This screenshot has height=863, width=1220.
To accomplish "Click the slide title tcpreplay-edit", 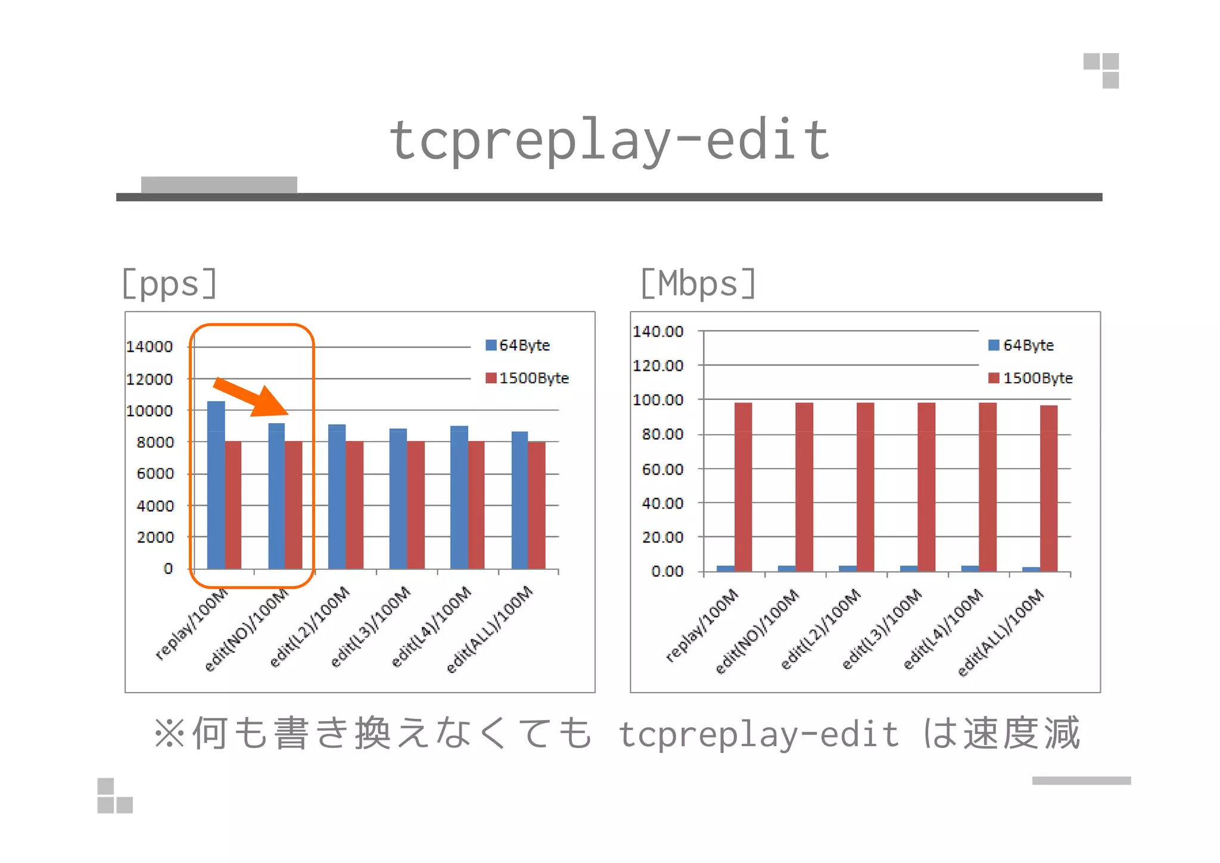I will pos(609,141).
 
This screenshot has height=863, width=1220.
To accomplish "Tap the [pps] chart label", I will pos(169,284).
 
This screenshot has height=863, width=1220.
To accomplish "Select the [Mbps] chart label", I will pos(698,284).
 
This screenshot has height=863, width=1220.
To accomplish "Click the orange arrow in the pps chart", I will pos(250,396).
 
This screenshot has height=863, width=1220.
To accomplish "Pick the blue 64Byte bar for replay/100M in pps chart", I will pos(216,486).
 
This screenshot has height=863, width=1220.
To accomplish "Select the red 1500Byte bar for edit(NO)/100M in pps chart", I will pos(294,505).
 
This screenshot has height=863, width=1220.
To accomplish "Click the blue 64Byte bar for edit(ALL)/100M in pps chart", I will pos(519,501).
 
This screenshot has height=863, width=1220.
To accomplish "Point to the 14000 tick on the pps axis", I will pos(150,346).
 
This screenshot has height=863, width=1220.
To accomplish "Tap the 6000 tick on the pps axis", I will pos(155,474).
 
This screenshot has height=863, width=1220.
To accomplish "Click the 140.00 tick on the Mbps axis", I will pos(658,331).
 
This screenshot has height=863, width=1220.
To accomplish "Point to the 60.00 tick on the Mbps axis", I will pos(662,470).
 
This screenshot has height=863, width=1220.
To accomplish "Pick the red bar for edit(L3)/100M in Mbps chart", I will pos(926,488).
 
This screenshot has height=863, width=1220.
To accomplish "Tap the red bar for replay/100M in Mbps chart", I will pos(743,488).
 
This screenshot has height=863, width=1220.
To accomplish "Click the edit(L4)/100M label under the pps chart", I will pos(431,627).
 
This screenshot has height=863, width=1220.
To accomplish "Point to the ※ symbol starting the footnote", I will pos(169,733).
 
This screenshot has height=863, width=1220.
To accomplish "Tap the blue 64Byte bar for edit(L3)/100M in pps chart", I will pos(398,499).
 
